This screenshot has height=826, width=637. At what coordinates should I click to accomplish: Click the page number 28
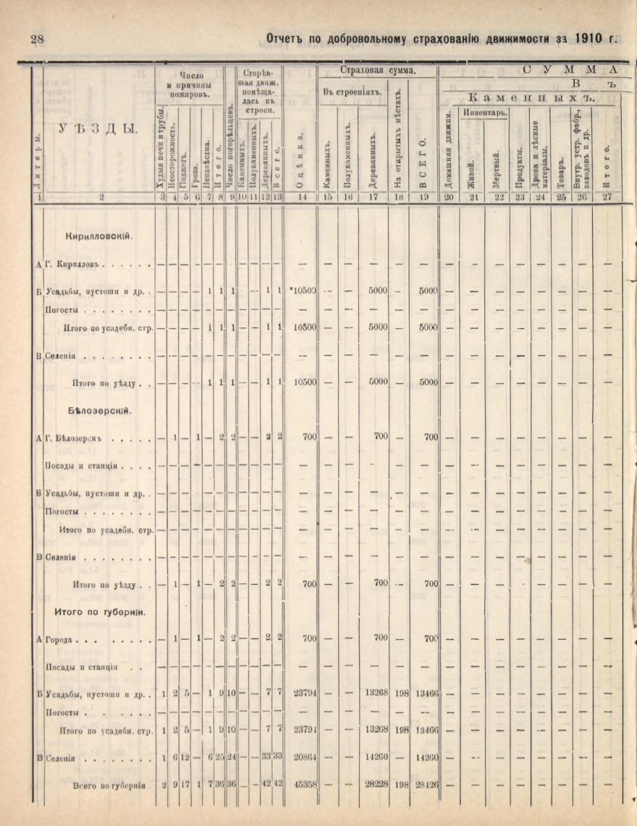(x=37, y=38)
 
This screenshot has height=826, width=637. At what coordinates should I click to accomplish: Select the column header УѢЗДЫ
(x=101, y=128)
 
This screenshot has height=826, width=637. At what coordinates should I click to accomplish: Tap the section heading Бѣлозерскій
(x=98, y=410)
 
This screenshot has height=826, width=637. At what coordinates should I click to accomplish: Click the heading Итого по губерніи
(x=101, y=612)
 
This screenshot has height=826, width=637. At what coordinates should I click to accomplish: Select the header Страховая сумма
(x=381, y=71)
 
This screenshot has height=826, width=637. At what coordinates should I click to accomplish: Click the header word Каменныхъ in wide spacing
(x=530, y=97)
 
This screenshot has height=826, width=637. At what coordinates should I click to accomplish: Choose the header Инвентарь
(x=485, y=112)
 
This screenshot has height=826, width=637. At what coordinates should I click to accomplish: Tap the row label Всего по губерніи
(x=109, y=785)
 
